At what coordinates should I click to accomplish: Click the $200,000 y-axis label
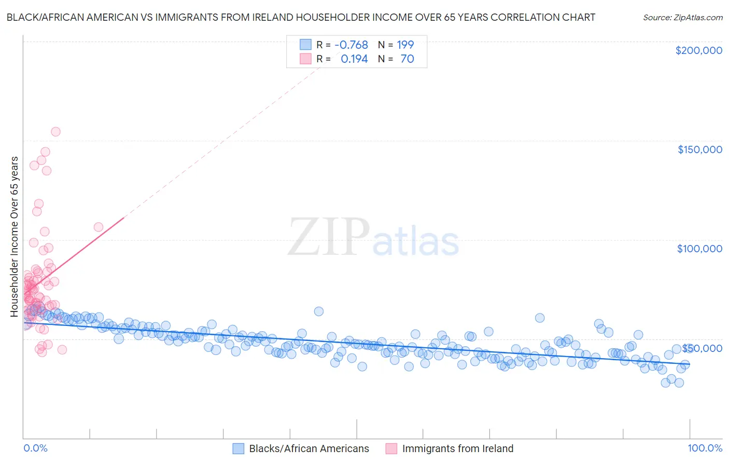[698, 50]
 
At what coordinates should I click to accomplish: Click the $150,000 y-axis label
[699, 149]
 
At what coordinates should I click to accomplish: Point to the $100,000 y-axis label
[699, 249]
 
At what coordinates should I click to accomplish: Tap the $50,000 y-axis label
[702, 348]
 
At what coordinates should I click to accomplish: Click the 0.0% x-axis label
[35, 448]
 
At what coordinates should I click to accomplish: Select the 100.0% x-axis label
[705, 448]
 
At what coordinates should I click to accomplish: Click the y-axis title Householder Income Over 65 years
[15, 237]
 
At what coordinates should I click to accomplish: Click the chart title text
[301, 17]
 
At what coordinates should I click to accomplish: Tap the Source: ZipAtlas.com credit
[682, 17]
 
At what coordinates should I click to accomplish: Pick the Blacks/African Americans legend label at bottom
[309, 448]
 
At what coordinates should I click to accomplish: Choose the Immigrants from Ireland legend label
[457, 448]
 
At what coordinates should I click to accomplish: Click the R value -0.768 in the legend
[351, 45]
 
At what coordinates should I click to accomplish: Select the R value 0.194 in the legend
[354, 59]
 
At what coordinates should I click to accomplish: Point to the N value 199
[405, 45]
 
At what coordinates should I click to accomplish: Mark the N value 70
[407, 59]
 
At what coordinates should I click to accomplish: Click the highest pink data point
[55, 132]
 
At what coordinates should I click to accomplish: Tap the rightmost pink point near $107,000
[98, 227]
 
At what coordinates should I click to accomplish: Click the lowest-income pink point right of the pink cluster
[62, 349]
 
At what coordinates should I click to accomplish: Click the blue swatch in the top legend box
[305, 45]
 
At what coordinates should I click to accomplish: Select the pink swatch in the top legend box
[305, 59]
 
